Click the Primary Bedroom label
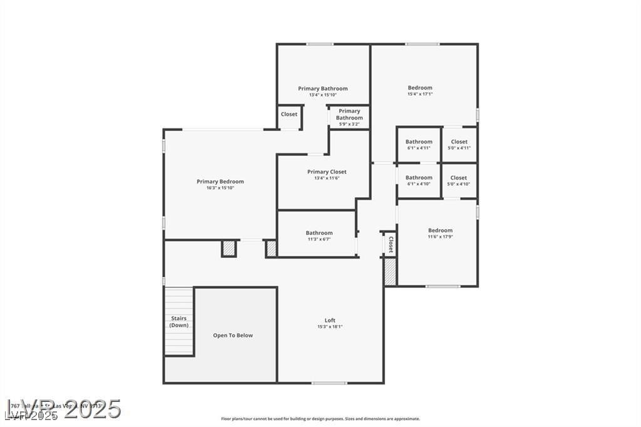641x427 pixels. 220,182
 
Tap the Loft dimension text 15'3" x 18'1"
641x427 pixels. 330,327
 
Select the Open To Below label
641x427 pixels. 233,336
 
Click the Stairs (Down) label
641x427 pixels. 179,322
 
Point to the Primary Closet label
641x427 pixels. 327,172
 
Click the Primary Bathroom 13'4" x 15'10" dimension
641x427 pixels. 323,95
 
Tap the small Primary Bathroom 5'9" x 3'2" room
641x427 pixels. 349,117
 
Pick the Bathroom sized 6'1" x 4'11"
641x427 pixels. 419,145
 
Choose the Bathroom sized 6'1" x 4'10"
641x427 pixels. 419,180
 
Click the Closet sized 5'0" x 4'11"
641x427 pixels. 459,145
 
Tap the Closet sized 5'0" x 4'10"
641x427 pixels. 459,180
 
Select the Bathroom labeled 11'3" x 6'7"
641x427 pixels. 319,235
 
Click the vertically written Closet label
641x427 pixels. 391,244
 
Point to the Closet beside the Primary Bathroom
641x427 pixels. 289,115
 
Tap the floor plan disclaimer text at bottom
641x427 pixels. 320,419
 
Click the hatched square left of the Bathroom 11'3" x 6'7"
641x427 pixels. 272,249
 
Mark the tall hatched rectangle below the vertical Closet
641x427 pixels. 390,272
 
